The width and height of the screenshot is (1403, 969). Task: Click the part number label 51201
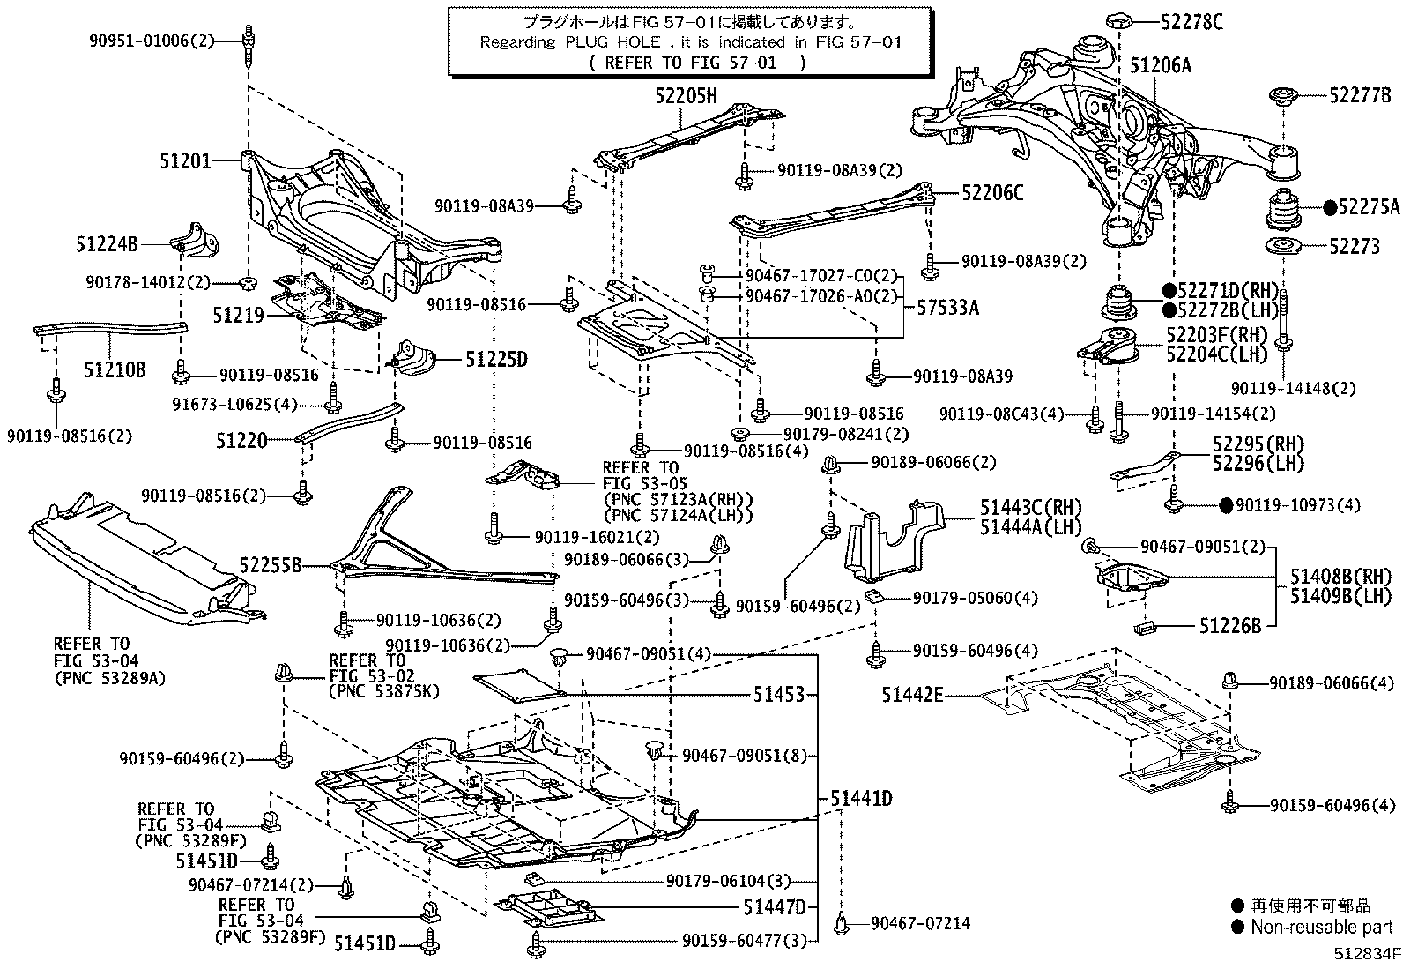[x=185, y=161]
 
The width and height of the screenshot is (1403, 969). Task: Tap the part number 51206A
[x=1161, y=65]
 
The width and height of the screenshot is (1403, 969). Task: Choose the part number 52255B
[x=271, y=564]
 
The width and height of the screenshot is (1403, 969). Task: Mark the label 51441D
[x=861, y=799]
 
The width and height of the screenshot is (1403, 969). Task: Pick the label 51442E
[x=912, y=696]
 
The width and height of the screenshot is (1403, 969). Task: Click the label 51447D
[x=774, y=906]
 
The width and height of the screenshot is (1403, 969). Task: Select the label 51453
[x=779, y=695]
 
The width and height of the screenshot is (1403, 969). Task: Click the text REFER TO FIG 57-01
[x=696, y=63]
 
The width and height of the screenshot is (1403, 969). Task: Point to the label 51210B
[x=115, y=369]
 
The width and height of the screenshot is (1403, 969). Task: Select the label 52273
[x=1354, y=247]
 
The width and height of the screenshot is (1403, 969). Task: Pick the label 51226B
[x=1229, y=626]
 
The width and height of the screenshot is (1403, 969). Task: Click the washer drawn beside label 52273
[x=1283, y=247]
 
